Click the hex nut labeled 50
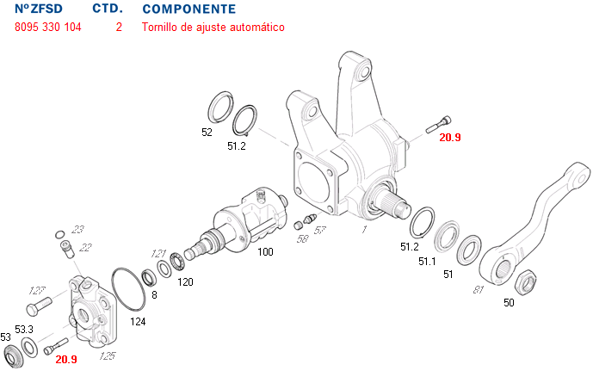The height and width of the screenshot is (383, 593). click(525, 281)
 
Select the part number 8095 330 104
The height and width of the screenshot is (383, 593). click(48, 28)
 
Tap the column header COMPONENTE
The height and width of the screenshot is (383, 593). click(188, 9)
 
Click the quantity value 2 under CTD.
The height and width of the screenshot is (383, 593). click(119, 28)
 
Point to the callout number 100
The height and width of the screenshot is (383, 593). click(265, 252)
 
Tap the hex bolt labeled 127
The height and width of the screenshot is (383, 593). click(40, 306)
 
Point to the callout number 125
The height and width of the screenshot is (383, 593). click(108, 355)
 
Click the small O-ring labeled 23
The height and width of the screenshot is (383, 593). click(58, 233)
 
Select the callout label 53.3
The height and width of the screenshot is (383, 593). click(23, 329)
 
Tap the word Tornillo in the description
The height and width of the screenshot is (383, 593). click(161, 28)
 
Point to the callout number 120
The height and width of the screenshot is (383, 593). click(185, 281)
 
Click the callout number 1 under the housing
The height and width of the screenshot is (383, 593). click(364, 230)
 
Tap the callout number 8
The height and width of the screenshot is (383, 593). click(155, 294)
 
